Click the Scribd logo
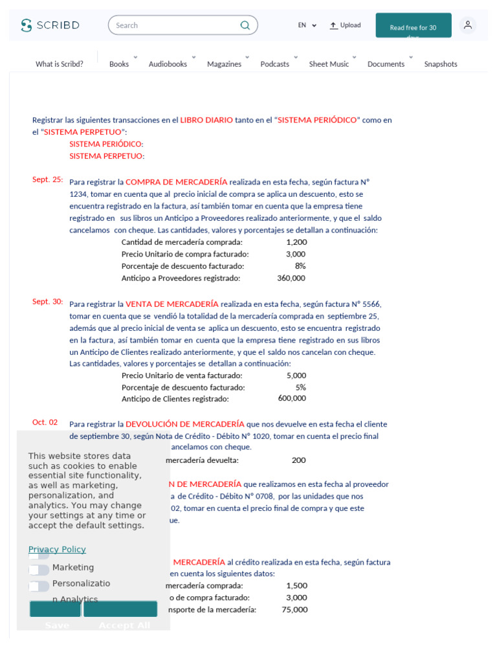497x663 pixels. point(50,25)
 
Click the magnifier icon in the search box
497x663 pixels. point(245,25)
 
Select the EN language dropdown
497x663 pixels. point(307,25)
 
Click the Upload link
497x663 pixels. point(345,25)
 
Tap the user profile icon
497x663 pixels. point(467,25)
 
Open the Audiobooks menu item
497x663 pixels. point(168,64)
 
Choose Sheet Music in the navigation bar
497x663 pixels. point(329,64)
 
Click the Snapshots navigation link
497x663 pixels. point(441,64)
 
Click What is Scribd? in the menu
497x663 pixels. point(60,64)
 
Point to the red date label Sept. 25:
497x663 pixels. point(48,179)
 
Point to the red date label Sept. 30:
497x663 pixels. point(48,302)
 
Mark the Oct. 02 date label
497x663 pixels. point(45,422)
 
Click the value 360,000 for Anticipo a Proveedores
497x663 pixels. point(291,278)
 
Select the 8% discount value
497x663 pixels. point(300,266)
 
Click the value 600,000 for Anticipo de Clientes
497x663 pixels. point(292,398)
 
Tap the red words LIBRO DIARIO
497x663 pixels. point(206,120)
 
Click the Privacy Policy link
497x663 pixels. point(57,550)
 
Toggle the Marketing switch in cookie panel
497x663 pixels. point(39,570)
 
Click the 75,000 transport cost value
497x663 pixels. point(294,609)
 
